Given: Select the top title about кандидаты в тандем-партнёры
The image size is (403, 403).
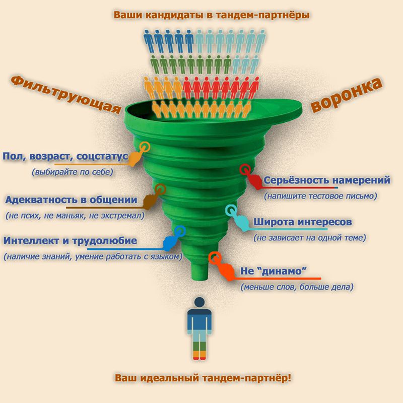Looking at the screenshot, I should coord(212,15).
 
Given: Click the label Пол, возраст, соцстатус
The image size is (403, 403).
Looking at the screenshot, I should coord(65,157).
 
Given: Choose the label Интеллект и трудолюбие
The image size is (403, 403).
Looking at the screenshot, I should coord(70,241).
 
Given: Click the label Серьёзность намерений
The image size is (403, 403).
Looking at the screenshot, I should coord(326,180).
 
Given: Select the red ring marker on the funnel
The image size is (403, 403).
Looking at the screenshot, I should coord(246,170).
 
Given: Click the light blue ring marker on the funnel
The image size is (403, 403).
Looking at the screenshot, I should coord(230,210).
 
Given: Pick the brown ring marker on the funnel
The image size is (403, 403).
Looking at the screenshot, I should coord(161,189).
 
